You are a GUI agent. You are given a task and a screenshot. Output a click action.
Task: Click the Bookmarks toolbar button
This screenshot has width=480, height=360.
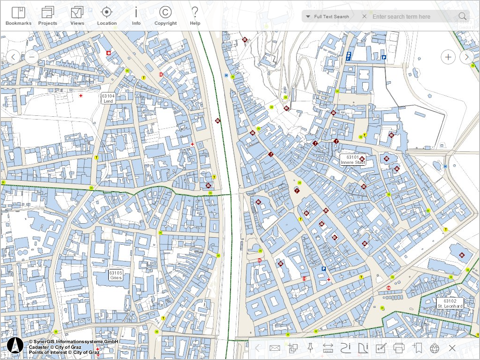18,16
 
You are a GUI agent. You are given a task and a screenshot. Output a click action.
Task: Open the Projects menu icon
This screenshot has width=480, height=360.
48,16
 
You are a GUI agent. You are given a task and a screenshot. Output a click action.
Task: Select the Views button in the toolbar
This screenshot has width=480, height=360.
77,16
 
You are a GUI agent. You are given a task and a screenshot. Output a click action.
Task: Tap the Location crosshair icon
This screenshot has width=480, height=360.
107,16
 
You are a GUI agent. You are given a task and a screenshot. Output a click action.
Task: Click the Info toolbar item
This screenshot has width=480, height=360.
136,16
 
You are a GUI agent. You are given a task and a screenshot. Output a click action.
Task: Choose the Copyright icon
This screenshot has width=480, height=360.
165,16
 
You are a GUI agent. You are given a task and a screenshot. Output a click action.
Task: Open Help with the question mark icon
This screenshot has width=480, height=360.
195,16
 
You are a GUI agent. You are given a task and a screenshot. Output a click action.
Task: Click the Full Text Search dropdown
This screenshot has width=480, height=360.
327,17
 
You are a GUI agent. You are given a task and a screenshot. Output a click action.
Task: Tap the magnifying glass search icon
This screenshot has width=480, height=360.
462,17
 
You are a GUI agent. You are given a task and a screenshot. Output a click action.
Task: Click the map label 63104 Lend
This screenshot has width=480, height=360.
108,98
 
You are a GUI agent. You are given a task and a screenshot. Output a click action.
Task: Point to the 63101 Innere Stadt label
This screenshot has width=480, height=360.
353,160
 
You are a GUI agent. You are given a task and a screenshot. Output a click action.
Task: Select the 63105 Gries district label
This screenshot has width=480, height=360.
115,275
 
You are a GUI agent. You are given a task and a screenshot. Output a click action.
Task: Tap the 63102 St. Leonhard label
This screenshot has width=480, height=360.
450,304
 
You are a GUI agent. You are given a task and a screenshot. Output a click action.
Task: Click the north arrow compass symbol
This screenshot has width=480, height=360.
15,345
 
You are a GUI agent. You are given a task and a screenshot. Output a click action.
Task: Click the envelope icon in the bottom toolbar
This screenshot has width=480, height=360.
275,348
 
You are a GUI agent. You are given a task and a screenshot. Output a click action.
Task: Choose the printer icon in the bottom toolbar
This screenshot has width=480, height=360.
399,348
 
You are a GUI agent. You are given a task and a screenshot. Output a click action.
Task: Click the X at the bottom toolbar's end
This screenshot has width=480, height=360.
452,348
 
